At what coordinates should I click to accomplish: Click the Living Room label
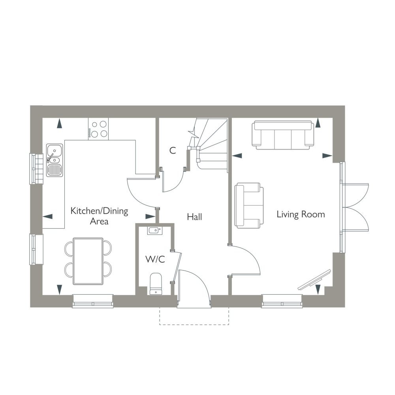(x=301, y=214)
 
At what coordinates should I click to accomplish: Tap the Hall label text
(x=194, y=216)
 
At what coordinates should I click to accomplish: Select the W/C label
(x=155, y=259)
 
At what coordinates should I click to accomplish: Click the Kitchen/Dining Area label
(x=99, y=216)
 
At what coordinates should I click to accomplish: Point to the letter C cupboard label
(x=173, y=150)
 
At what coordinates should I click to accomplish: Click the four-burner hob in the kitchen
(x=98, y=129)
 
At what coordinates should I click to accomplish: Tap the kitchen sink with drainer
(x=55, y=160)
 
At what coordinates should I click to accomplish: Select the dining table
(x=88, y=261)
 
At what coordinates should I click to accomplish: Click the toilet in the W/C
(x=156, y=284)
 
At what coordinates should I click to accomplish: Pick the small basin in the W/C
(x=154, y=231)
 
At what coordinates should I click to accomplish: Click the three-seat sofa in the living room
(x=283, y=135)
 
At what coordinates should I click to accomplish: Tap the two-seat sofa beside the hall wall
(x=249, y=205)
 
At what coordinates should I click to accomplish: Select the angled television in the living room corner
(x=314, y=280)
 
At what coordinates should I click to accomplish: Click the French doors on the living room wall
(x=355, y=207)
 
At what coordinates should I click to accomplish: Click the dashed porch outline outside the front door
(x=194, y=324)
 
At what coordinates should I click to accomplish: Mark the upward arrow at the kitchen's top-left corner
(x=59, y=123)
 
